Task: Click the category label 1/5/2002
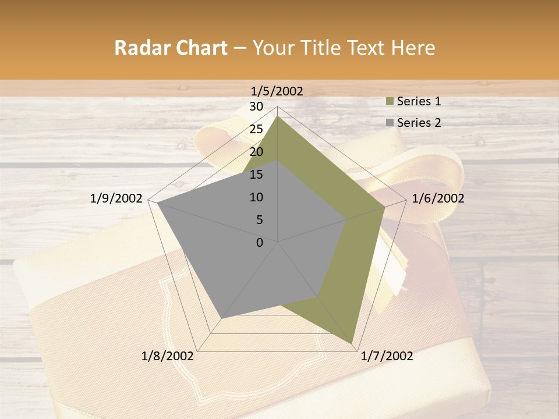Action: tap(277, 91)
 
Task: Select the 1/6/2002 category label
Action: tap(438, 198)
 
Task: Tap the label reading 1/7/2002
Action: tap(387, 356)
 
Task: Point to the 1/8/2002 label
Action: tap(168, 356)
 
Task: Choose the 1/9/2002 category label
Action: tap(116, 198)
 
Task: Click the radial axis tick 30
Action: tap(256, 106)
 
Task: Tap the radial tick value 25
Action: tap(256, 129)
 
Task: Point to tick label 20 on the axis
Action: tap(256, 152)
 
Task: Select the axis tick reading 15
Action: tap(256, 175)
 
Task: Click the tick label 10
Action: tap(256, 197)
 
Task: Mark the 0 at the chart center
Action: tap(260, 243)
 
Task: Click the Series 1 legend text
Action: tap(419, 101)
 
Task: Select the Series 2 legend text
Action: tap(419, 123)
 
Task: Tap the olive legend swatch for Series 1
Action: tap(390, 101)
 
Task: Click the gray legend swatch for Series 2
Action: tap(390, 123)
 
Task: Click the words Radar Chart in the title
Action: tap(171, 48)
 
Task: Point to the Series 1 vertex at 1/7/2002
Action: tap(352, 343)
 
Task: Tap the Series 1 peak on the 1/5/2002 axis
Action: tap(277, 116)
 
